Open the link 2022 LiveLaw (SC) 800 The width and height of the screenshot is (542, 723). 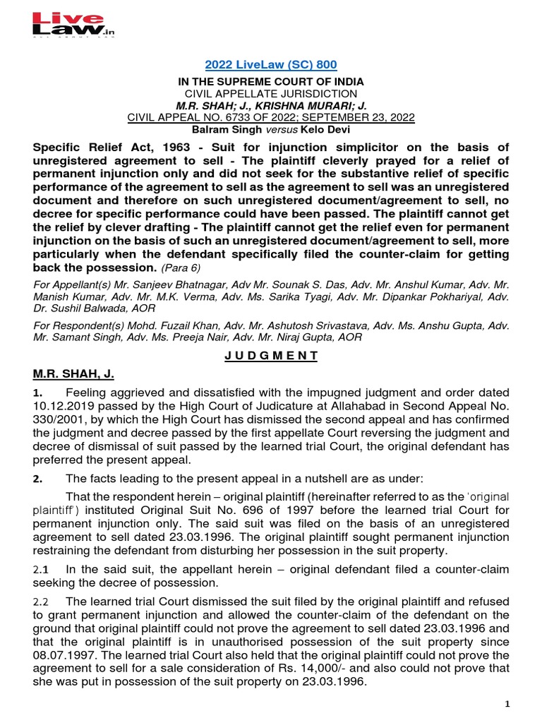coord(271,65)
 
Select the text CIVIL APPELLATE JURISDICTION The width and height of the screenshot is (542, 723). coord(271,94)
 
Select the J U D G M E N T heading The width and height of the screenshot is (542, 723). coord(271,356)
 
